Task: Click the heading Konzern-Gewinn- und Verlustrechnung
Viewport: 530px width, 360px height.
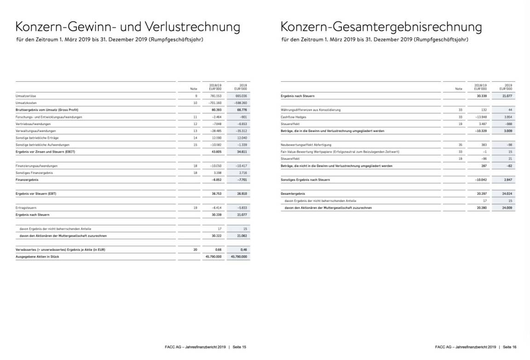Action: click(x=127, y=27)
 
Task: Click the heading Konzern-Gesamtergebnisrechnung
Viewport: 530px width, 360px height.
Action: click(x=381, y=27)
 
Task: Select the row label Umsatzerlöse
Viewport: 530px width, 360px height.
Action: click(x=27, y=96)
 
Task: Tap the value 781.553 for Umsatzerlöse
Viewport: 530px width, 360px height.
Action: click(x=216, y=96)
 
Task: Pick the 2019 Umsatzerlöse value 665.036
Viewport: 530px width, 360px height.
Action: click(x=241, y=96)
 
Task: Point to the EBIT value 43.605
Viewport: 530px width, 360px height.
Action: click(x=216, y=152)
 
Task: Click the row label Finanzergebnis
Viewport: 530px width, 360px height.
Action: click(x=26, y=180)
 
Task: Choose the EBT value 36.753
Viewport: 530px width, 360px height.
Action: click(x=216, y=194)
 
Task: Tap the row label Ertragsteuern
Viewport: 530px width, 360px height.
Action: click(x=26, y=208)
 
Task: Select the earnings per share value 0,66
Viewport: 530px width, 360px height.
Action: click(x=219, y=249)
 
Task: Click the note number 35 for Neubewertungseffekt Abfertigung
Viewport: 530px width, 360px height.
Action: click(x=460, y=145)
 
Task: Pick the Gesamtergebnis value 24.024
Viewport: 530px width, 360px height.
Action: click(x=507, y=194)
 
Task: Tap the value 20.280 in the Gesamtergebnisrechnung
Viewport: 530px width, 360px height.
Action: click(x=481, y=208)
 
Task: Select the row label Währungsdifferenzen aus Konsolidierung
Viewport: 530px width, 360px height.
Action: click(x=311, y=110)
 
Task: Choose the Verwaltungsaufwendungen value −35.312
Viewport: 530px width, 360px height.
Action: click(x=241, y=131)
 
